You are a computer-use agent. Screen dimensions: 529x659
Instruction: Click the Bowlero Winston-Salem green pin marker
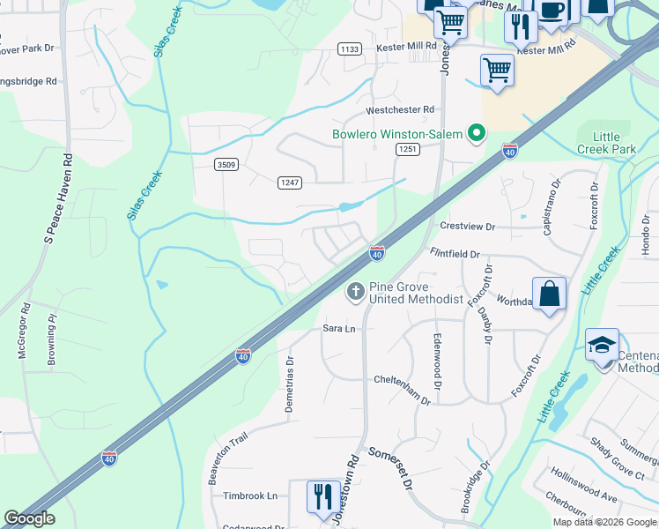pyautogui.click(x=477, y=134)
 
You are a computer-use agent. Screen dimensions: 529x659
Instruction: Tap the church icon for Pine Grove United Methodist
pyautogui.click(x=356, y=292)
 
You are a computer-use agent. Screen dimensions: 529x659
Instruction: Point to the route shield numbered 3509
pyautogui.click(x=226, y=164)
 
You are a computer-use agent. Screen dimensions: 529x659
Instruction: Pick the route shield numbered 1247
pyautogui.click(x=289, y=182)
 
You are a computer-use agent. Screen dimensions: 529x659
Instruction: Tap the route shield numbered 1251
pyautogui.click(x=406, y=150)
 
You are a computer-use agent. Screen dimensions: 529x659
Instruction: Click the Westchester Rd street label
pyautogui.click(x=401, y=109)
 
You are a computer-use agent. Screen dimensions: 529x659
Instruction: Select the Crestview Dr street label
pyautogui.click(x=467, y=227)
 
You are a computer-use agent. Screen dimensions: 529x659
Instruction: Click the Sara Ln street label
pyautogui.click(x=338, y=328)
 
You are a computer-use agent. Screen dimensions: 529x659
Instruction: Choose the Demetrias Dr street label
pyautogui.click(x=288, y=385)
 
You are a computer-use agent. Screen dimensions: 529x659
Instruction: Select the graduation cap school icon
pyautogui.click(x=603, y=345)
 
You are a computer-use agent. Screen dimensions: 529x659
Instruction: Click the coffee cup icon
pyautogui.click(x=552, y=11)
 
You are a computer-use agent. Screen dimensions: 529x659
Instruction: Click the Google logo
pyautogui.click(x=31, y=518)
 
